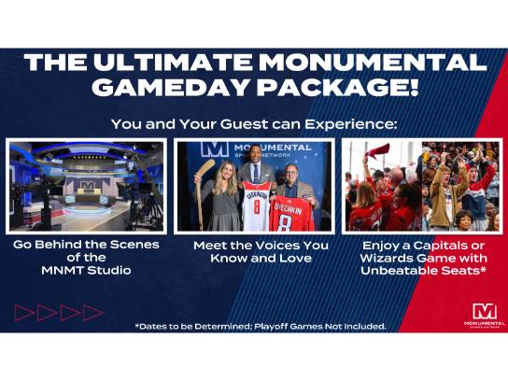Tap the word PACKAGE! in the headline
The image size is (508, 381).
(x=340, y=87)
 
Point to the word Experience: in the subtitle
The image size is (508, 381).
(x=351, y=125)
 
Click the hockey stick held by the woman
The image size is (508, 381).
(x=202, y=191)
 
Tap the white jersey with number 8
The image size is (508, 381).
(x=256, y=206)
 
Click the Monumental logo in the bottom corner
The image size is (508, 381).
(x=485, y=315)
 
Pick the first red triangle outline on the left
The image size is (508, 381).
(x=23, y=313)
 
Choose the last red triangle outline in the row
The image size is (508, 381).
(x=92, y=313)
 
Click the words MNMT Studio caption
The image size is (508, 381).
(x=86, y=270)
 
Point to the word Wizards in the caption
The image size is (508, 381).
(x=387, y=259)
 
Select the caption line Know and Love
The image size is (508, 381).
(x=261, y=259)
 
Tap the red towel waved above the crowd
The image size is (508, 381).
(x=376, y=151)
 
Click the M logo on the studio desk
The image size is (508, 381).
(x=87, y=185)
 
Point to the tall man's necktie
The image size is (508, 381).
(x=256, y=174)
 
